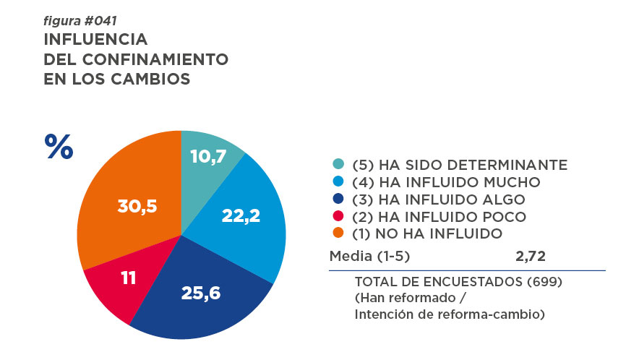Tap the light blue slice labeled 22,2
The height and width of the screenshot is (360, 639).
tap(242, 213)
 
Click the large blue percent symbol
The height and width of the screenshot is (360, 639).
tap(59, 147)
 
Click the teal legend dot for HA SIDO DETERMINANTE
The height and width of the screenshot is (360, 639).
tap(338, 165)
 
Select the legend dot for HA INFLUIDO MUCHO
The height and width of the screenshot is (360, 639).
tap(338, 182)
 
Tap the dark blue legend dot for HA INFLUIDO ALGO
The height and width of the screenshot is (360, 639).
tap(338, 200)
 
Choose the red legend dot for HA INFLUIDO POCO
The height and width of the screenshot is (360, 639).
tap(338, 217)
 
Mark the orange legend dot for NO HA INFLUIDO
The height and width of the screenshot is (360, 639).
tap(338, 233)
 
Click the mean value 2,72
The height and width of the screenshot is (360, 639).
tap(530, 256)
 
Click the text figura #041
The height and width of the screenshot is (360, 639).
tap(80, 21)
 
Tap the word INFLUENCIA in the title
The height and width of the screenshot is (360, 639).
tap(95, 39)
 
